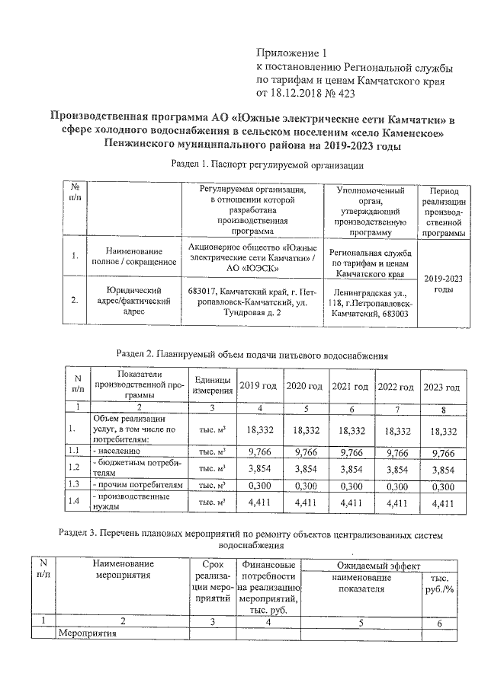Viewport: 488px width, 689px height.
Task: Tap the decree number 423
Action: pyautogui.click(x=345, y=94)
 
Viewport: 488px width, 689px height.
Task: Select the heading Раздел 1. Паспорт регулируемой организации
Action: pyautogui.click(x=267, y=165)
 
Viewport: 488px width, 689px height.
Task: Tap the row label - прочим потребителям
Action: pyautogui.click(x=137, y=485)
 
